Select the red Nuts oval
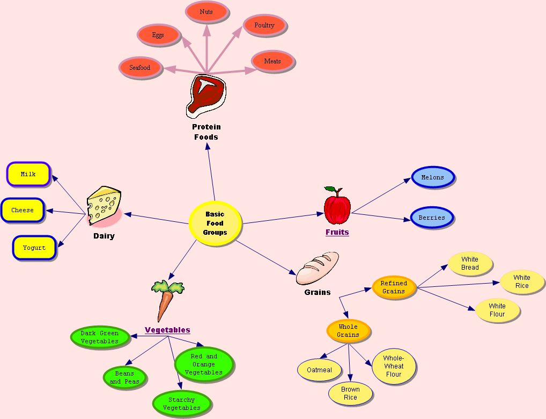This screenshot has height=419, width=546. (x=206, y=12)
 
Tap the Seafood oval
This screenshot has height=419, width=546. (x=140, y=68)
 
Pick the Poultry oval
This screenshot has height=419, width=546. (x=264, y=25)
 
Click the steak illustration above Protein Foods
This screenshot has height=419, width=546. (x=205, y=96)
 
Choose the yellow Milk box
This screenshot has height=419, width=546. (x=28, y=174)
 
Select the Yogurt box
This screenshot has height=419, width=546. (x=34, y=248)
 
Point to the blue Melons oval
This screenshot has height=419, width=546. (x=433, y=177)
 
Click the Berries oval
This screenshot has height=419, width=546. (x=432, y=218)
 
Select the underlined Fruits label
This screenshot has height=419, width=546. (x=337, y=233)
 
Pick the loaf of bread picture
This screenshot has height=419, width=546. (x=318, y=268)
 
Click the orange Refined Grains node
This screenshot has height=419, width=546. (x=394, y=287)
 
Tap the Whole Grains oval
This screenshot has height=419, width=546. (x=348, y=331)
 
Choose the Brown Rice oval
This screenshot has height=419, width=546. (x=350, y=394)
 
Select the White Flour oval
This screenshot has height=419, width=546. (x=497, y=310)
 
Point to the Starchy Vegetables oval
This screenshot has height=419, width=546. (x=182, y=403)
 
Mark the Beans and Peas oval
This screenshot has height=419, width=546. (x=124, y=377)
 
